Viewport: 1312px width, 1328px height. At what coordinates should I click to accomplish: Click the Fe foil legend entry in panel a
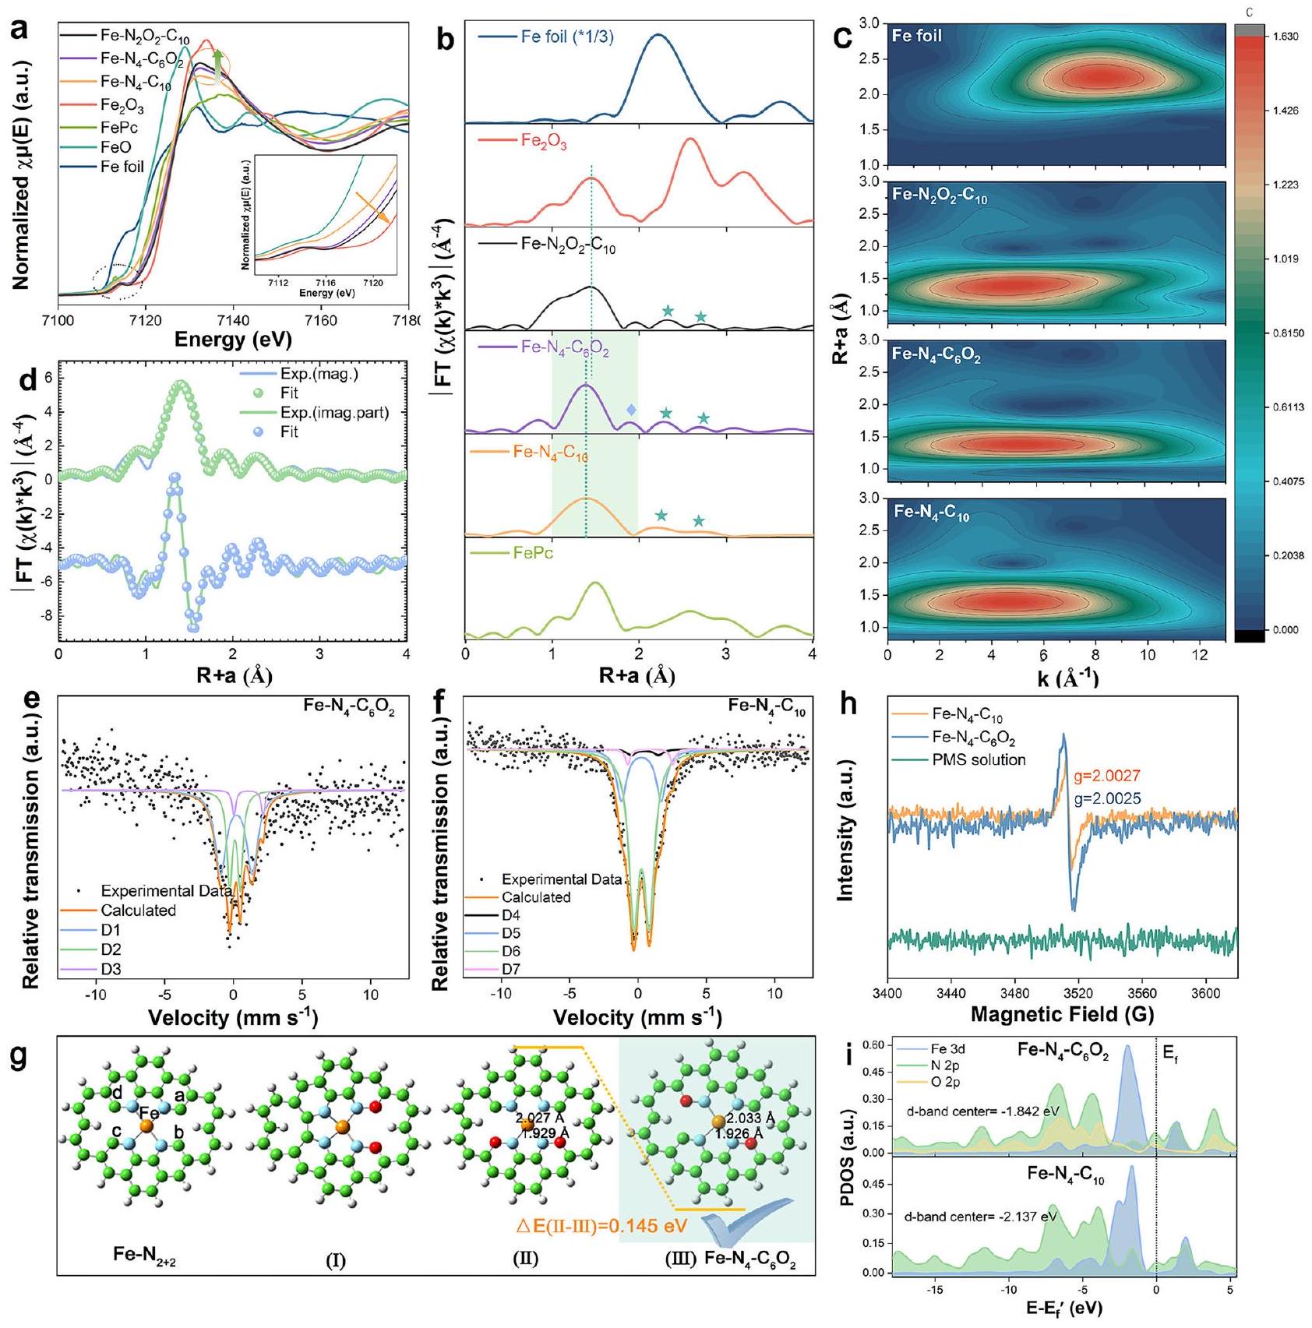122,167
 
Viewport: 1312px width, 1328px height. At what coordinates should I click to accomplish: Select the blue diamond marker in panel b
631,410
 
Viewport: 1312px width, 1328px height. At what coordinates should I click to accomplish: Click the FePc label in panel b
533,553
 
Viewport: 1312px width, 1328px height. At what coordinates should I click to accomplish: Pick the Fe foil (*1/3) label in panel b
567,37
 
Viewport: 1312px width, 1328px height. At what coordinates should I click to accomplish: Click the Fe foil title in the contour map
917,36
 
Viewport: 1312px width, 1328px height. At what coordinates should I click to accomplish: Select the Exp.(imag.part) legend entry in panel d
334,413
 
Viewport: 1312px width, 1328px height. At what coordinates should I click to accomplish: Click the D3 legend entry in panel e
111,970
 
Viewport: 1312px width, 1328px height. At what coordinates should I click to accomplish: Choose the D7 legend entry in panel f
511,969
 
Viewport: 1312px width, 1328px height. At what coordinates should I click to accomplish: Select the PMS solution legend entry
979,759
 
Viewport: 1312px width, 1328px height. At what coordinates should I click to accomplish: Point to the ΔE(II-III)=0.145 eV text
602,1226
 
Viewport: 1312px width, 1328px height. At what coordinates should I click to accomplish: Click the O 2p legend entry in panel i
945,1082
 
